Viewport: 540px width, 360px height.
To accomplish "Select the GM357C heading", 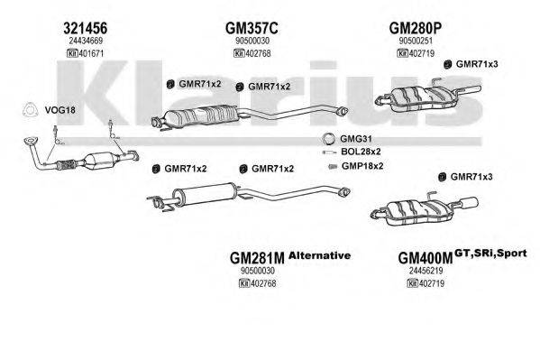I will [x=252, y=27].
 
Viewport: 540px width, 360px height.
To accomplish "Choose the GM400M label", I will [x=426, y=258].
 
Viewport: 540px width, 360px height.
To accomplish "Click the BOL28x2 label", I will [x=357, y=152].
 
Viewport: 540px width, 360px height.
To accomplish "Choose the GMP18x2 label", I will [x=361, y=166].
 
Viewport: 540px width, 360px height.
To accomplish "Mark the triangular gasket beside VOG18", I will [x=28, y=110].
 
